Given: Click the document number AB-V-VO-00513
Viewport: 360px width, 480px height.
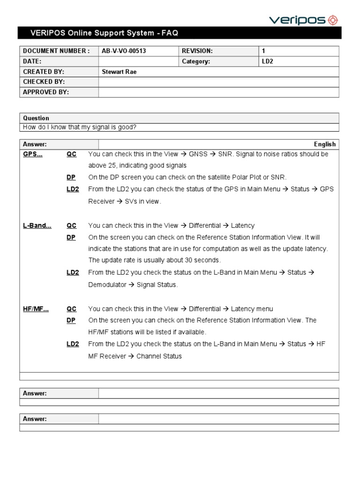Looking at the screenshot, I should tap(124, 51).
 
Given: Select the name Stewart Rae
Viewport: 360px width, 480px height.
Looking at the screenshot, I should tap(119, 72).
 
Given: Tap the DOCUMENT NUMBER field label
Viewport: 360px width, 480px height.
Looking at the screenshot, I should tap(56, 51).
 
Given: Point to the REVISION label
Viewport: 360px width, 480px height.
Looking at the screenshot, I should tap(197, 51).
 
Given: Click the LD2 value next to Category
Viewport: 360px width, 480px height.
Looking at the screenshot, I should tap(267, 61).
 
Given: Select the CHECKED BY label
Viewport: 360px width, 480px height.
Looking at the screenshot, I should tap(44, 82).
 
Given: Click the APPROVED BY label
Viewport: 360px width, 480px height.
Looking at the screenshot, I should tap(46, 92).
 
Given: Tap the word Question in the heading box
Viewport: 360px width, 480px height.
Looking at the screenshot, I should tap(36, 118).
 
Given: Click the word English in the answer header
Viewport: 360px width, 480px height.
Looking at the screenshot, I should tap(325, 144).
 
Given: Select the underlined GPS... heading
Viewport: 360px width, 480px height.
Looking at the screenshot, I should tap(33, 154).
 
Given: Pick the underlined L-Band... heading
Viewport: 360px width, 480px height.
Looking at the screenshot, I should tap(37, 225).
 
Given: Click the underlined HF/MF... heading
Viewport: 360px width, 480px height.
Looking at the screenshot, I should tap(36, 309).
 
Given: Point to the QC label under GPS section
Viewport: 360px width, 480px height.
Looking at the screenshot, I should tap(72, 154).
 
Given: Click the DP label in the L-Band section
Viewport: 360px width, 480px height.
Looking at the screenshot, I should tap(71, 238).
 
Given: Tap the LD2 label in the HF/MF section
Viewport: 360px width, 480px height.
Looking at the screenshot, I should tap(73, 344).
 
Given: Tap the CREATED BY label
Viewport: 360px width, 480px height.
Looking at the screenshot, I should tap(44, 72).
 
